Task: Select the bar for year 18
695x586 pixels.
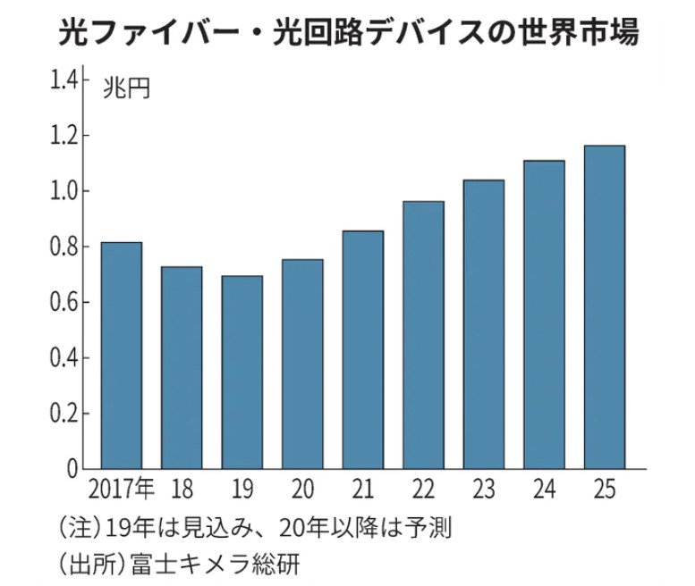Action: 182,367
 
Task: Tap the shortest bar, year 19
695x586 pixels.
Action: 242,373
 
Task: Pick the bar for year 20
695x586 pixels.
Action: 302,364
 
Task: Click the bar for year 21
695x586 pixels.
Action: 362,349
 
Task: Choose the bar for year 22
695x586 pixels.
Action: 423,335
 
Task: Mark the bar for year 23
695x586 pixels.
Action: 483,324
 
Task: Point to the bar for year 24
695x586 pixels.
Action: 544,314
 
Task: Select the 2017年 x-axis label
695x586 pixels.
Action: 122,490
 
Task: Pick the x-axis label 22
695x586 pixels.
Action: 423,490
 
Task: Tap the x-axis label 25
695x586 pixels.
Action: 604,490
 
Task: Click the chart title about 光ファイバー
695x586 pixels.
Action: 348,33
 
